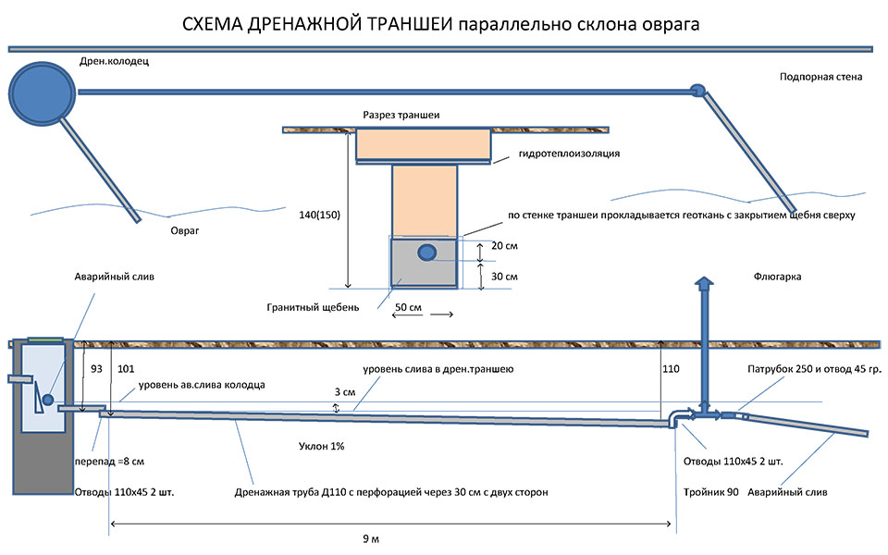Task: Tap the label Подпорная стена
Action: (x=820, y=78)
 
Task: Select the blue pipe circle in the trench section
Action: (x=426, y=252)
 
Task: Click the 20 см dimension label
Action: (x=504, y=247)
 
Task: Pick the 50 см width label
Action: (x=408, y=304)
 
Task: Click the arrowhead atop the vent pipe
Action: (x=705, y=284)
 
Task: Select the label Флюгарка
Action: (x=776, y=277)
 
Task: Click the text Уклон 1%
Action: (x=323, y=446)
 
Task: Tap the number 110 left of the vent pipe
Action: (x=671, y=369)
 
